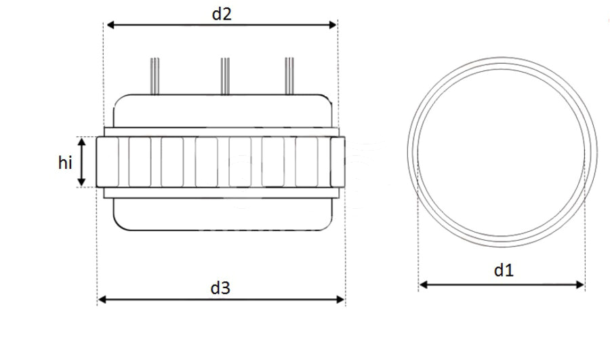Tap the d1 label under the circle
point(502,271)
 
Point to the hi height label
point(65,163)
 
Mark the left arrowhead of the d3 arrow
point(102,299)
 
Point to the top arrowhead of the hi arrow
point(81,141)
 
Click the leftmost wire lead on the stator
point(155,76)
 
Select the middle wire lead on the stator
point(223,76)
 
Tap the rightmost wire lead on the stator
point(289,76)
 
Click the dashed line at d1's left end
point(419,224)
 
